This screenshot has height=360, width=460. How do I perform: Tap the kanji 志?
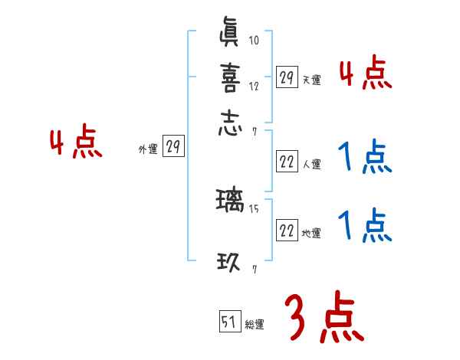pyautogui.click(x=231, y=123)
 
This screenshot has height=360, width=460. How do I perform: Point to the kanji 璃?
pyautogui.click(x=231, y=203)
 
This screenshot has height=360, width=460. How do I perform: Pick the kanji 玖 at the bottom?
pyautogui.click(x=231, y=263)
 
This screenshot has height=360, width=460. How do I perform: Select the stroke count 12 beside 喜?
pyautogui.click(x=255, y=87)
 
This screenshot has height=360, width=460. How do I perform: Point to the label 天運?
pyautogui.click(x=311, y=80)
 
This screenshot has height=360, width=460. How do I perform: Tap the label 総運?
pyautogui.click(x=255, y=325)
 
